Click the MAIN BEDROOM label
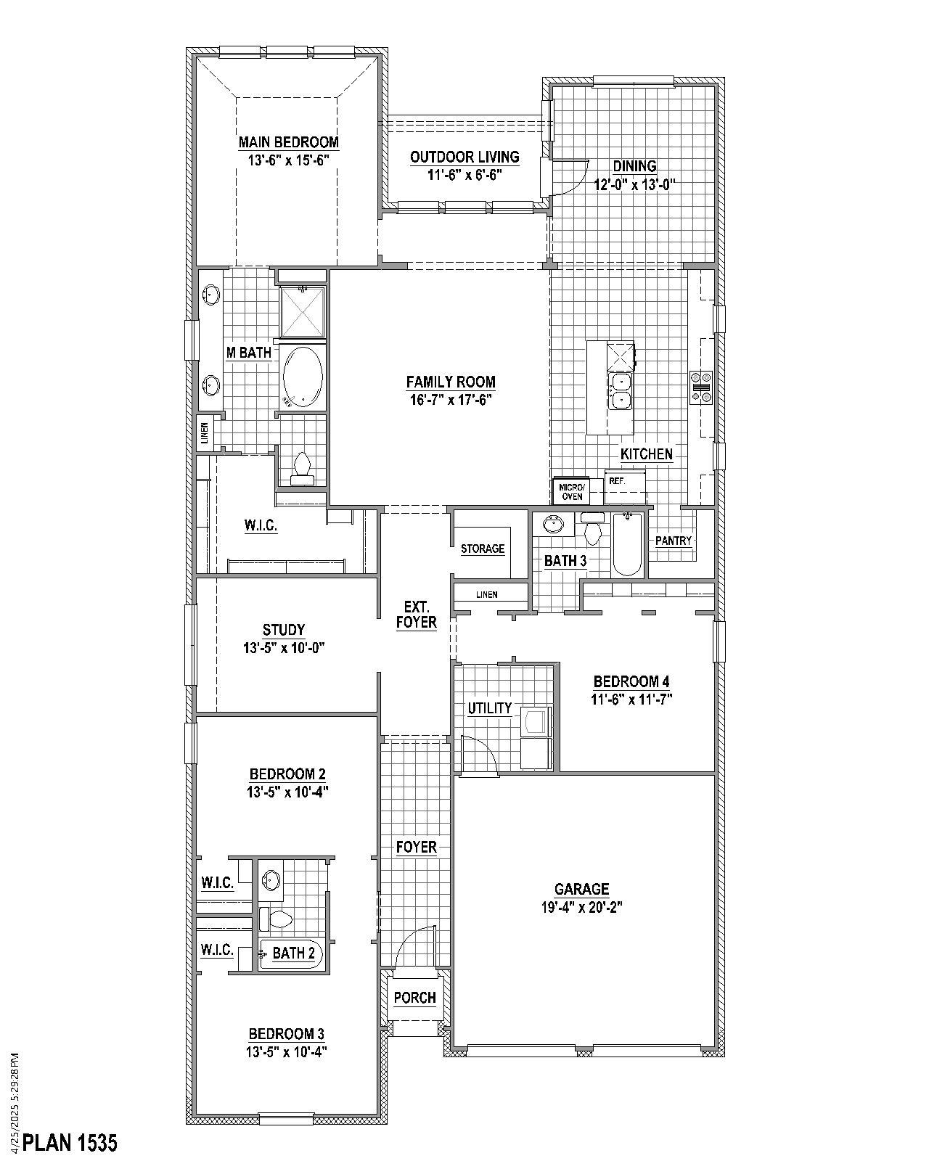point(289,142)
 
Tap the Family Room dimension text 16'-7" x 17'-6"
point(450,399)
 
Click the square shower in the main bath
point(302,311)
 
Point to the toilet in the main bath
point(302,468)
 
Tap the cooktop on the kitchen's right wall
point(701,386)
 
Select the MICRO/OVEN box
point(572,491)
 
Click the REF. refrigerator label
point(617,481)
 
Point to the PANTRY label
point(674,541)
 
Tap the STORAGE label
point(483,549)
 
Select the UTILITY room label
point(490,708)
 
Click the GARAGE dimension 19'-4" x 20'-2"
point(582,907)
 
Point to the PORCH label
point(415,998)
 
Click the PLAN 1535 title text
point(70,1143)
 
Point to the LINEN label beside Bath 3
point(487,595)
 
